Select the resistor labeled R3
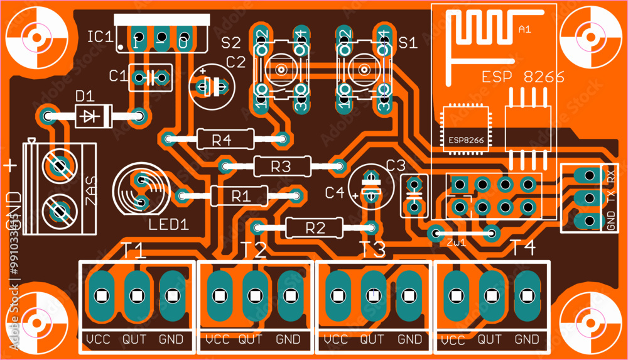tap(282, 166)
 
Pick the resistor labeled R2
tap(314, 227)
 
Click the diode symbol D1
tap(93, 116)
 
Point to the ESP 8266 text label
tap(522, 77)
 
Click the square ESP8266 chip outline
tap(465, 129)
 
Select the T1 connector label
tap(133, 251)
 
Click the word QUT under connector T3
tap(372, 340)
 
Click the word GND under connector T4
tap(527, 340)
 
